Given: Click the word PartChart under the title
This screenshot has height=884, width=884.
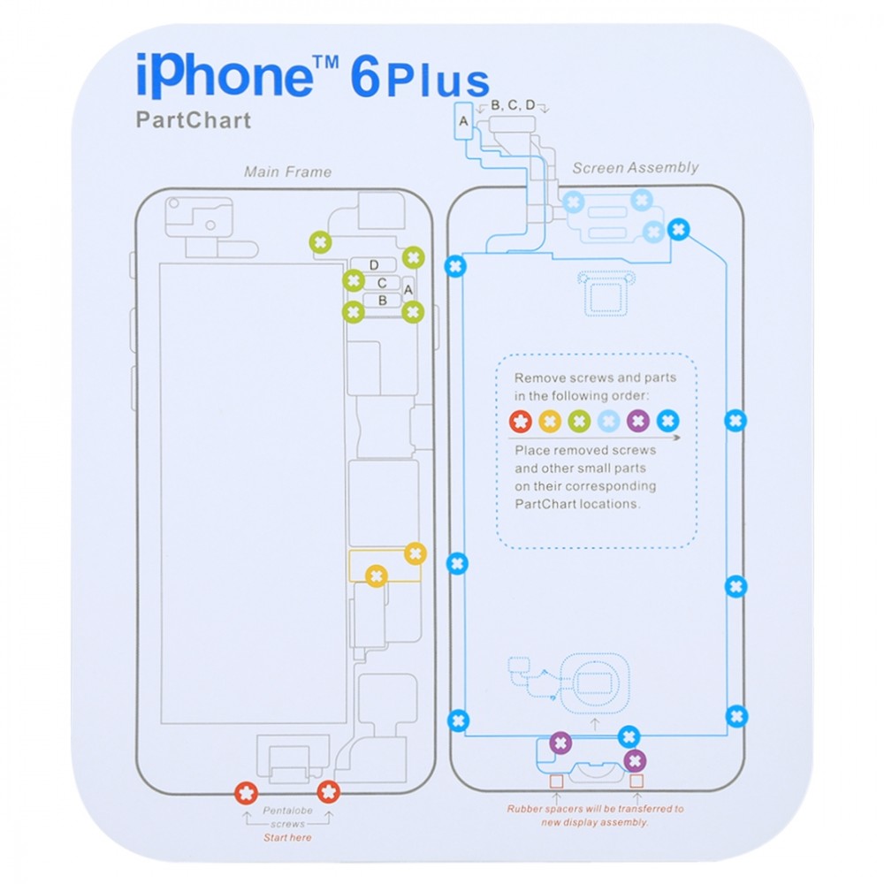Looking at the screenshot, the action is [194, 120].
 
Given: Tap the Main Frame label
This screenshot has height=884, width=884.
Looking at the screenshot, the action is [287, 172].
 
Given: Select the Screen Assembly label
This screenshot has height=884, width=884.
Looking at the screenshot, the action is [636, 167].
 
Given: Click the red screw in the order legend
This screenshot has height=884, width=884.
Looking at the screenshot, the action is [521, 421].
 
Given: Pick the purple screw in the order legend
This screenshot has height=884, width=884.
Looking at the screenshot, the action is [638, 421].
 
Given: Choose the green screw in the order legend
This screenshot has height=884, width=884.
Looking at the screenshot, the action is [579, 421].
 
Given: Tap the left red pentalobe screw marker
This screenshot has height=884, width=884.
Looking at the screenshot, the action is [247, 793].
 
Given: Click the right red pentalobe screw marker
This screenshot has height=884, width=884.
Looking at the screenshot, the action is [329, 791].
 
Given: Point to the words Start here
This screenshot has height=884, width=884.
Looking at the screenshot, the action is [287, 838].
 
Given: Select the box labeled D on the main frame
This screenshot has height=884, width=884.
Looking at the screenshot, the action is [373, 265].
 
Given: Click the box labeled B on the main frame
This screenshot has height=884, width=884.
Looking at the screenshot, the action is [382, 301].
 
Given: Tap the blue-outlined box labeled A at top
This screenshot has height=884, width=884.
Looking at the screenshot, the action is [463, 120].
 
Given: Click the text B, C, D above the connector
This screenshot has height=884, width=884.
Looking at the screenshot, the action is [513, 105].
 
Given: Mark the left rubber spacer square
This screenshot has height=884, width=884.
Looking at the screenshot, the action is [556, 781].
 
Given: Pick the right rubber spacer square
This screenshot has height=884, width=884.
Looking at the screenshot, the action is [636, 781].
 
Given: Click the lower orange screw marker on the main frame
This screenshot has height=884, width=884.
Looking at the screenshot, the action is [377, 576].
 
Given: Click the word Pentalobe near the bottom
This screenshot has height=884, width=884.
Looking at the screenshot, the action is [287, 811].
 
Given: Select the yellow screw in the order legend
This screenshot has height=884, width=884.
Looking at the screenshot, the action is [550, 421].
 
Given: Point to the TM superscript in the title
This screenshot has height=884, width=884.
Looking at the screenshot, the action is [326, 62].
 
